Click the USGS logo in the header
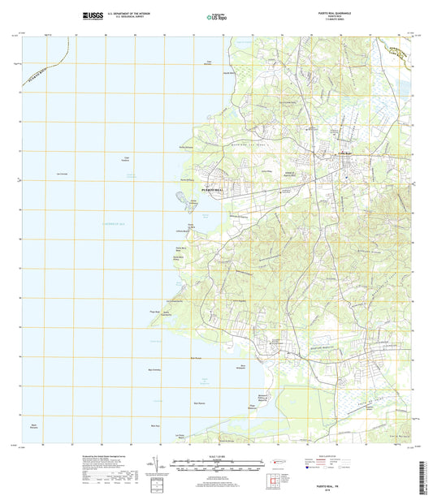pyautogui.click(x=94, y=15)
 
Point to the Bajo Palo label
pyautogui.click(x=156, y=425)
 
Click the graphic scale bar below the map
pyautogui.click(x=216, y=466)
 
